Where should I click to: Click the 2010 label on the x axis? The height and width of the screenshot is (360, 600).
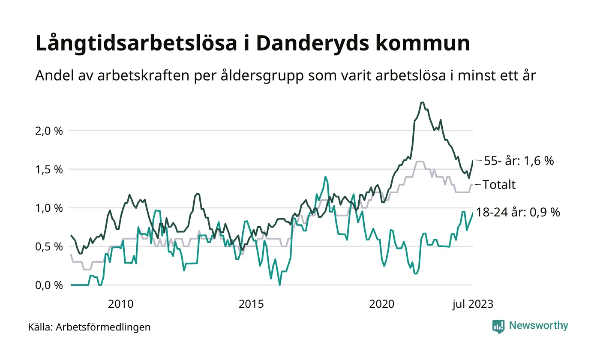pos(121,304)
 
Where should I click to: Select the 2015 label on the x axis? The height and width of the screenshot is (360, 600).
pos(252,304)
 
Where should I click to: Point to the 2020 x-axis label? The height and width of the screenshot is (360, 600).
pos(382,304)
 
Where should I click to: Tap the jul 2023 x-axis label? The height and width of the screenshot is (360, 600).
pos(473,304)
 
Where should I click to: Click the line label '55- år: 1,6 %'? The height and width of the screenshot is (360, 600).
pos(519,161)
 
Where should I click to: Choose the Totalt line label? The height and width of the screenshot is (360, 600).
pos(499,185)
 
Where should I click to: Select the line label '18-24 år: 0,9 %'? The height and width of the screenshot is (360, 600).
pos(518,212)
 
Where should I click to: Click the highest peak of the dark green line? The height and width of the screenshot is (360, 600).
pos(422,102)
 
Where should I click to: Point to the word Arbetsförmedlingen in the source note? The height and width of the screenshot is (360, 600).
pos(103,327)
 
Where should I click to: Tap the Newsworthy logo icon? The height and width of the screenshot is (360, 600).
pos(498,326)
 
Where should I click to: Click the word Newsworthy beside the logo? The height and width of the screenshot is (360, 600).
pos(538,326)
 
